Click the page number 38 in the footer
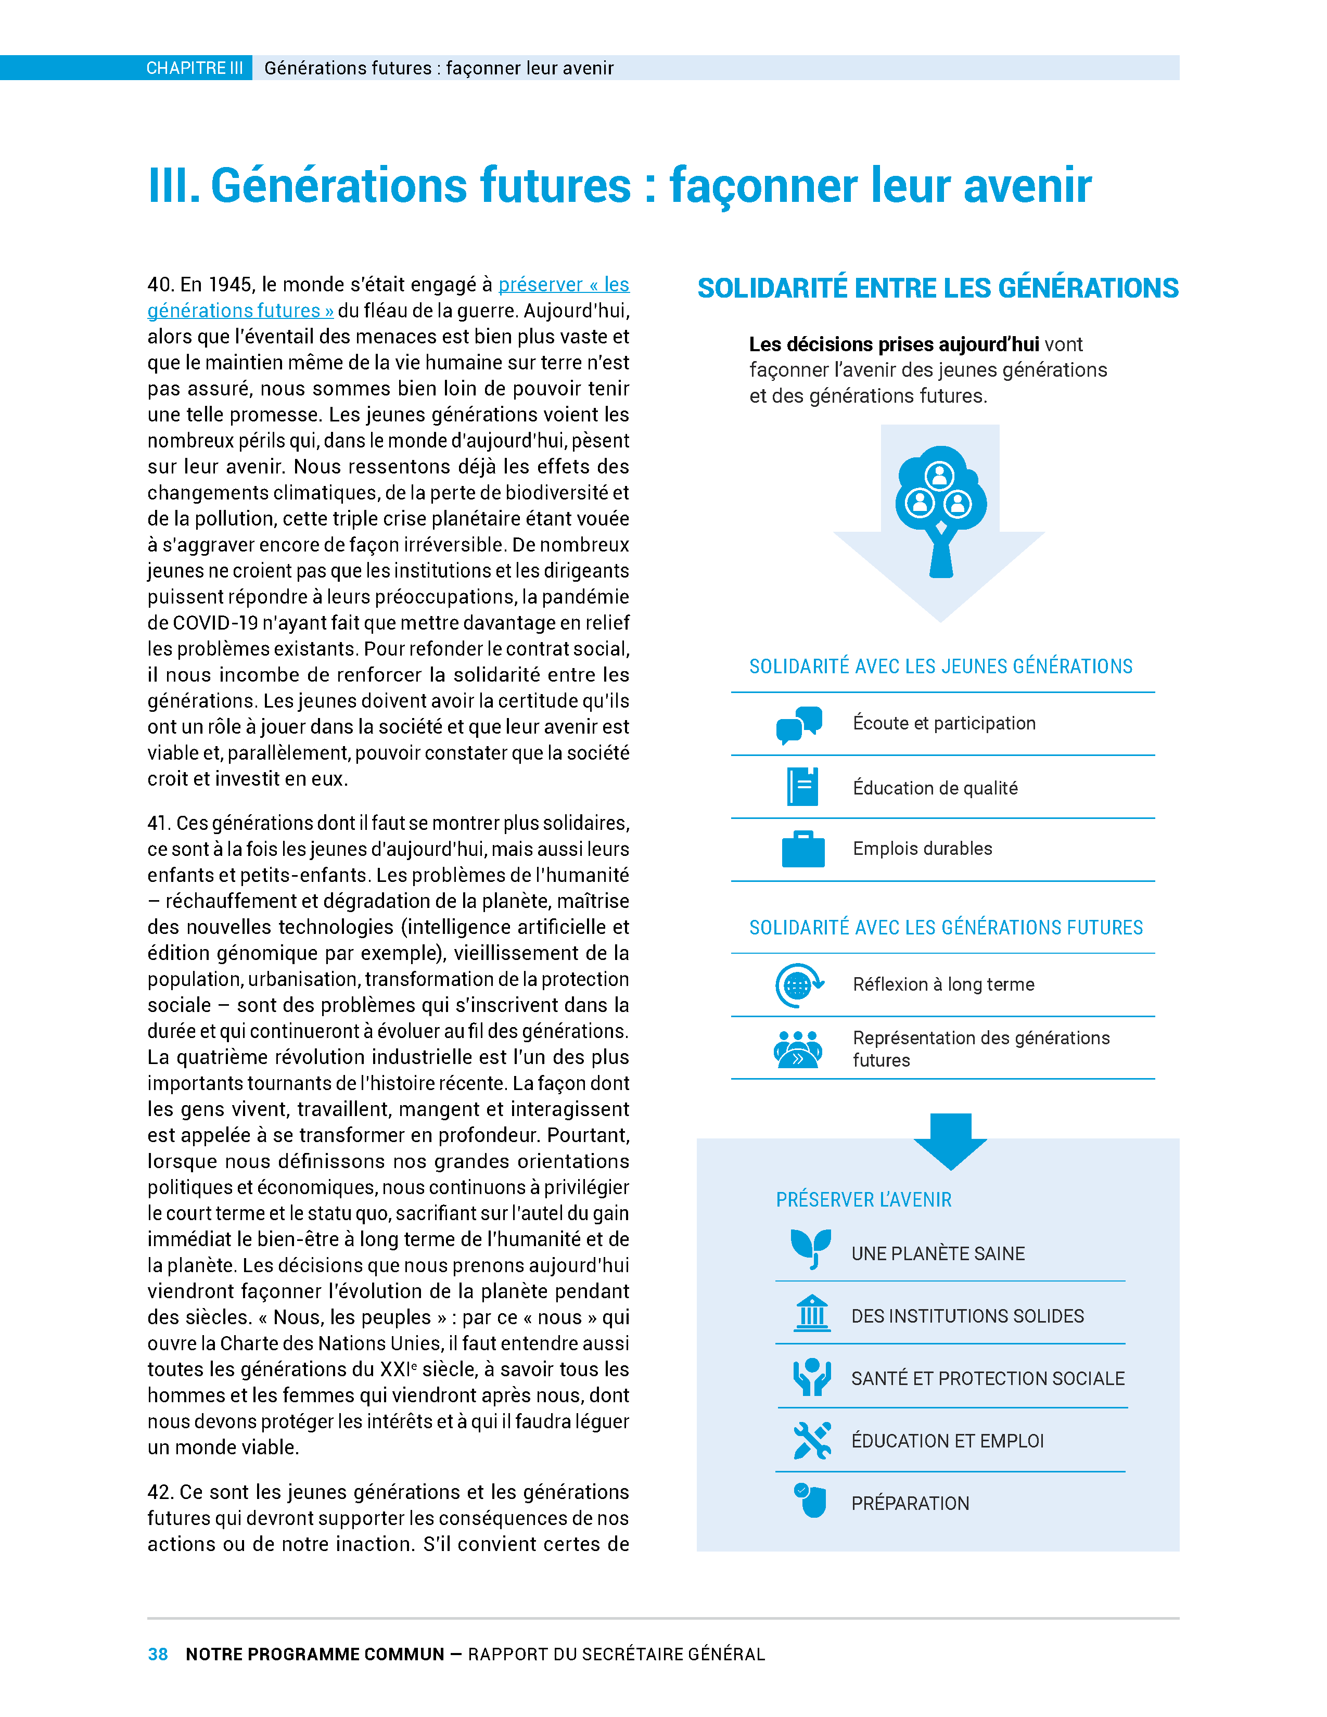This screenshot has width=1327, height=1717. coord(157,1654)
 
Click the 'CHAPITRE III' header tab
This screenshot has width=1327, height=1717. coord(194,68)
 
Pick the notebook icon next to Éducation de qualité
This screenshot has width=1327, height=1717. coord(802,786)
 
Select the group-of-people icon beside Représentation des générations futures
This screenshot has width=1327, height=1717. coord(798,1049)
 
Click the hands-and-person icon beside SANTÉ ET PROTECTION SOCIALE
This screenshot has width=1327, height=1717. coord(812,1377)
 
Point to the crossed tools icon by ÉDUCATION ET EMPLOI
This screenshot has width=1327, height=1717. coord(812,1440)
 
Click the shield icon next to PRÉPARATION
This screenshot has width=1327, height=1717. coord(810,1500)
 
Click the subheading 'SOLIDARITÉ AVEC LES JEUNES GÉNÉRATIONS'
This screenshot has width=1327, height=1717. coord(940,667)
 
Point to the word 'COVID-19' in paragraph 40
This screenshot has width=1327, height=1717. coord(209,623)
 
